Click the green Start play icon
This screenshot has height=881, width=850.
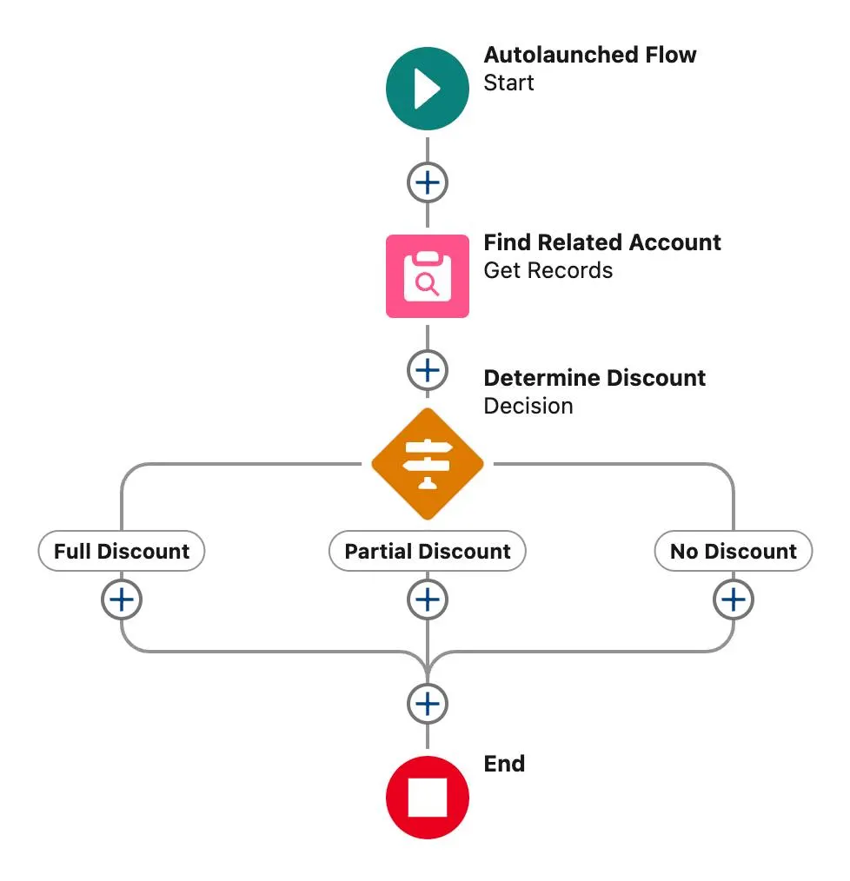tap(427, 89)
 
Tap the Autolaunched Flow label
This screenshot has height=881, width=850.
tap(589, 55)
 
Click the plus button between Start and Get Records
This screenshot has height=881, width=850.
tap(427, 183)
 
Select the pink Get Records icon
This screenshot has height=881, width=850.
tap(427, 276)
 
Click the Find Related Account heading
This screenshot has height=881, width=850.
tap(601, 242)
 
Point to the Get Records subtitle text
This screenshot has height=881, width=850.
tap(548, 270)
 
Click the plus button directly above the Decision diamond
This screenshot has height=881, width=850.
tap(427, 371)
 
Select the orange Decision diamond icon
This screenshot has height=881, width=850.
tap(427, 463)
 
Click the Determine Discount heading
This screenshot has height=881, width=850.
tap(594, 378)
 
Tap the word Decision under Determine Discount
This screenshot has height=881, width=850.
tap(528, 406)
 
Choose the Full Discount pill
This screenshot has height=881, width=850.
tap(122, 552)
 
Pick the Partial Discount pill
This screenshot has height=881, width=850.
tap(427, 552)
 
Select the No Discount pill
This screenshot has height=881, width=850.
tap(733, 552)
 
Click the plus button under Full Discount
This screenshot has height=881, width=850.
tap(122, 599)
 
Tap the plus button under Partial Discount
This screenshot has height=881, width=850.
tap(427, 599)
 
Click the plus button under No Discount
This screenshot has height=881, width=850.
tap(733, 599)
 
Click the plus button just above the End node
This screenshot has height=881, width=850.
tap(427, 703)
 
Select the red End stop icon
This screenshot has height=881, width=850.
tap(427, 797)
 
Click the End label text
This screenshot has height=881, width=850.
tap(504, 764)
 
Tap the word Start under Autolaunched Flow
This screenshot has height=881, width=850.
tap(508, 83)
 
